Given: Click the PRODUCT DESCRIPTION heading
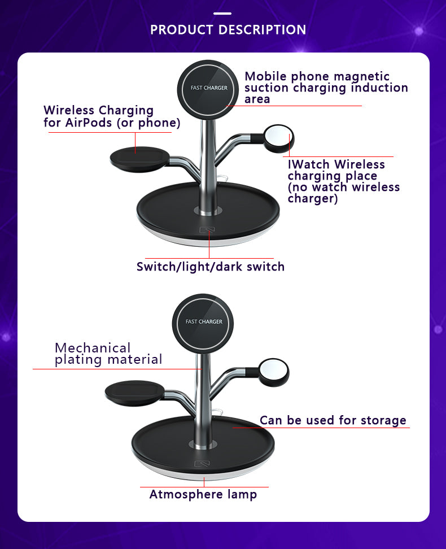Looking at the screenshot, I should pos(228,29).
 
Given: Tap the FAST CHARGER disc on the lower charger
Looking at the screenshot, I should pos(204,321).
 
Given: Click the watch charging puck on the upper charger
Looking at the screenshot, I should pos(279,139).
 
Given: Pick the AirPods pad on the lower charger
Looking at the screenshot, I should pos(134,393).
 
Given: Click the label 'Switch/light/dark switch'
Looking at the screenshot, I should pos(211,267).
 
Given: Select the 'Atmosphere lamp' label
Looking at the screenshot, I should pos(203,495).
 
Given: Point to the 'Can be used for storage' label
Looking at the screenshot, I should pos(333,420).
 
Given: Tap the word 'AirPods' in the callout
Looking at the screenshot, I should pos(95,123).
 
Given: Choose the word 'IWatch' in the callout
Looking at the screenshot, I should pos(308,165).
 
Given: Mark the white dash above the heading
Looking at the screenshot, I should pos(222,12).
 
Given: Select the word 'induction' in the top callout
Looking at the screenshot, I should pos(379,88).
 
